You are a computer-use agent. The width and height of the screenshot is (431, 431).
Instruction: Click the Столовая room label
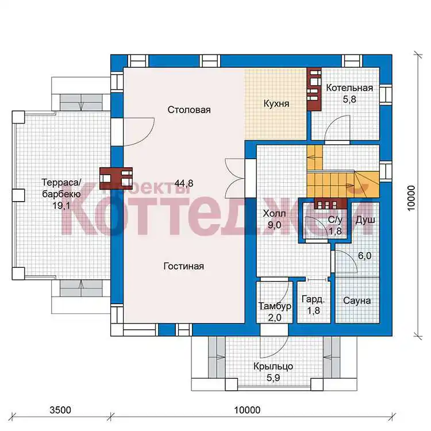pos(189,110)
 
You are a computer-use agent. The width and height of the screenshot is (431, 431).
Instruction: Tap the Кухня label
pos(276,103)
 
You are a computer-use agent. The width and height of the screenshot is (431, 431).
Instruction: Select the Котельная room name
pos(349,88)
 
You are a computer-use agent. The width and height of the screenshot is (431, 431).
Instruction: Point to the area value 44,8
pos(184,183)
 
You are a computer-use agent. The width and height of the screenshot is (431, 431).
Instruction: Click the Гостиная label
pos(184,266)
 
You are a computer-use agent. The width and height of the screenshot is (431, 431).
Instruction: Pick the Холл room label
pos(274,214)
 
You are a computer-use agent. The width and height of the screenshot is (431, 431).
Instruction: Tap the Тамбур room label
pos(275,306)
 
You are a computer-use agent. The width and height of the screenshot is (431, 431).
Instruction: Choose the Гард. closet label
pos(313,299)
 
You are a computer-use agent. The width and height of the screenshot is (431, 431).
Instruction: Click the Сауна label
pos(357,301)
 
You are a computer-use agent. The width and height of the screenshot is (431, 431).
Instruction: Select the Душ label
pos(365,220)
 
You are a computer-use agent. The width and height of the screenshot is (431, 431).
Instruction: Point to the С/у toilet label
pos(335,220)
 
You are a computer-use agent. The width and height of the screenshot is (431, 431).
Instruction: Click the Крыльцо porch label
pos(273,367)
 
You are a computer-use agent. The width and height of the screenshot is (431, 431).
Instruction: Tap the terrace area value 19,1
pos(61,205)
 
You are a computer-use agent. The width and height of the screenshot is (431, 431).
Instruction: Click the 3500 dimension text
pos(60,410)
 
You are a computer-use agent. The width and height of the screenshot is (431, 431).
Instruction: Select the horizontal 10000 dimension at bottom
pos(247,410)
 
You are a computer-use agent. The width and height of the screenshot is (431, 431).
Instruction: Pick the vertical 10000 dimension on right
pos(411,198)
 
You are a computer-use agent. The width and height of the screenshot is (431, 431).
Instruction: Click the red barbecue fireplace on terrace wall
pos(116,178)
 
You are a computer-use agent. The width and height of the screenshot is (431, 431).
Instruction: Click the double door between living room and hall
pos(235,178)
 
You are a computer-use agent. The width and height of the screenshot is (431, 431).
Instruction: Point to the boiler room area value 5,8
pos(349,99)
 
